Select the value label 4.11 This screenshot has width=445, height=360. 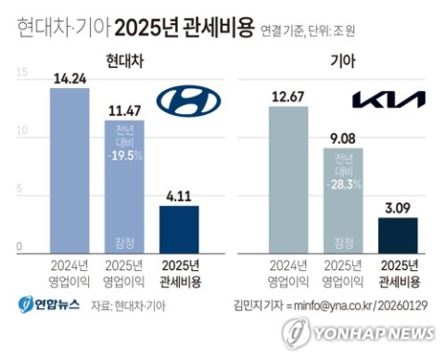(179, 196)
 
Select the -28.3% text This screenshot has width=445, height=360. (345, 184)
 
